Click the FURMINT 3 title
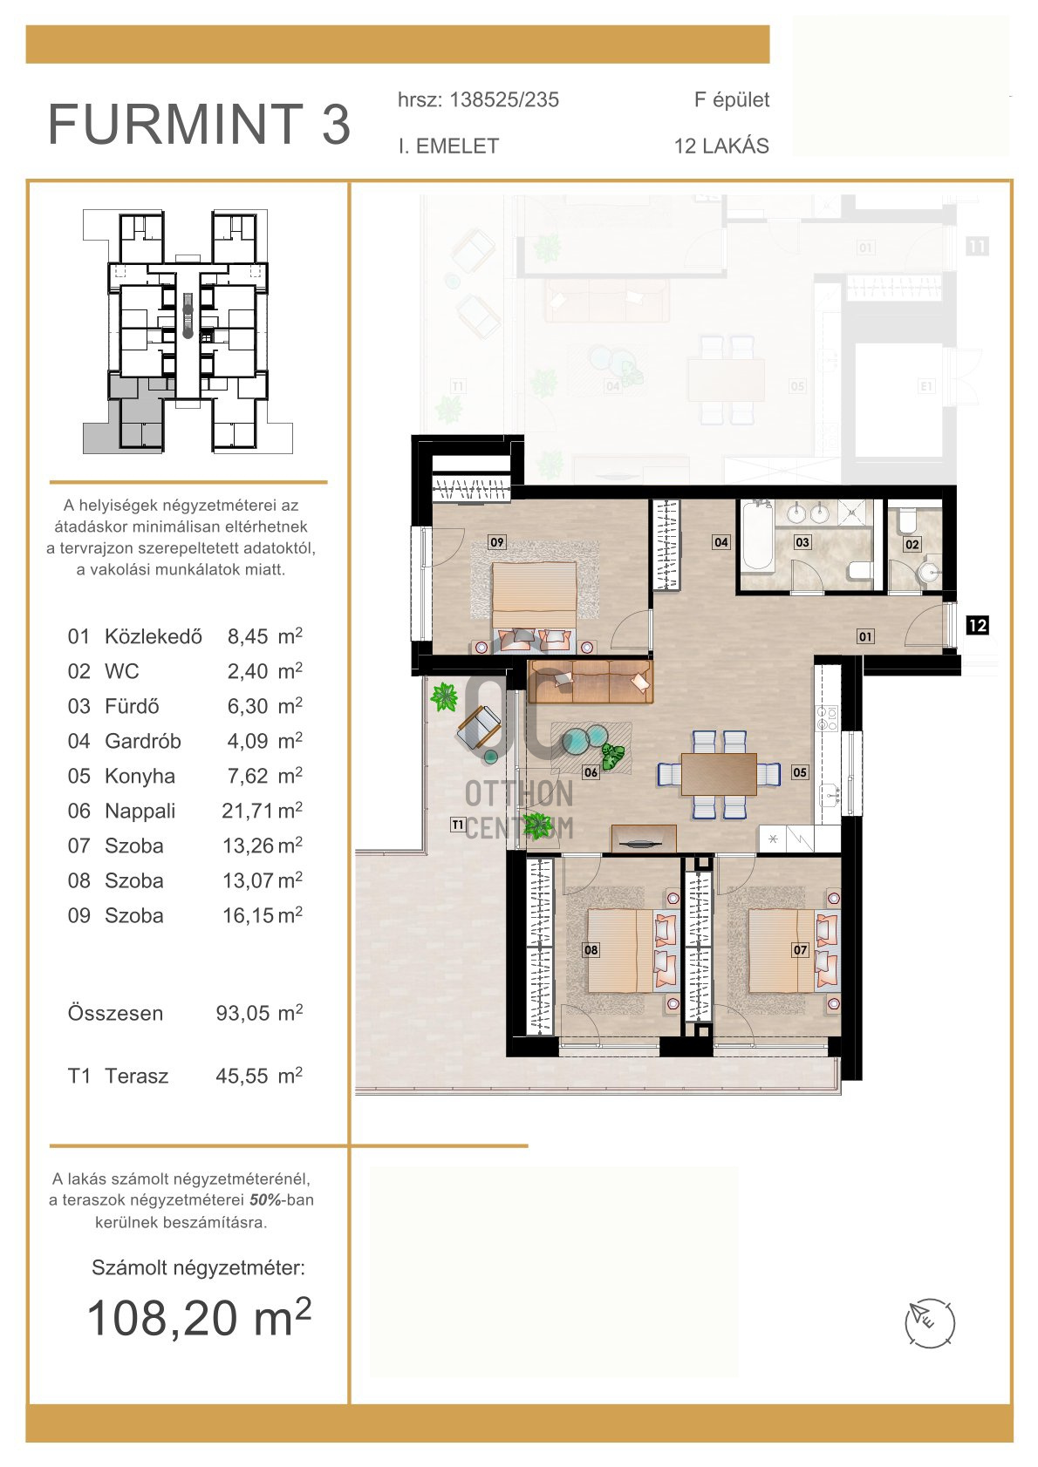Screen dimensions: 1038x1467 [x=199, y=124]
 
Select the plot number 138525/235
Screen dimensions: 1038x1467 [x=504, y=99]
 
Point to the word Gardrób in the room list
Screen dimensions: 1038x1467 [x=143, y=741]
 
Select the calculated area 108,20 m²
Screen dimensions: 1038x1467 [x=199, y=1318]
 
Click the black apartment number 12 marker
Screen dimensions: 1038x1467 [x=977, y=626]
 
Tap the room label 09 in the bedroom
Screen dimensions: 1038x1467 [x=496, y=541]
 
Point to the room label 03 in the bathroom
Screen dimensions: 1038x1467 [x=802, y=541]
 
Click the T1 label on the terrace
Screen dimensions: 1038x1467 [x=458, y=825]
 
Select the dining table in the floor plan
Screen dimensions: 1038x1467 [x=719, y=774]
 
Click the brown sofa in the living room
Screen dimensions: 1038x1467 [x=591, y=682]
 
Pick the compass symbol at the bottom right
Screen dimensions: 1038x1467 [x=930, y=1323]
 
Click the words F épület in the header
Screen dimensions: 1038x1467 [x=731, y=99]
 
